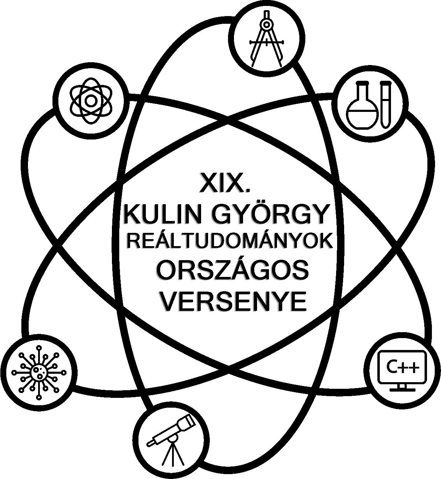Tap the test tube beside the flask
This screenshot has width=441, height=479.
click(385, 104)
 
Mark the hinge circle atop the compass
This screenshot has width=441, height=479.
click(267, 24)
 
